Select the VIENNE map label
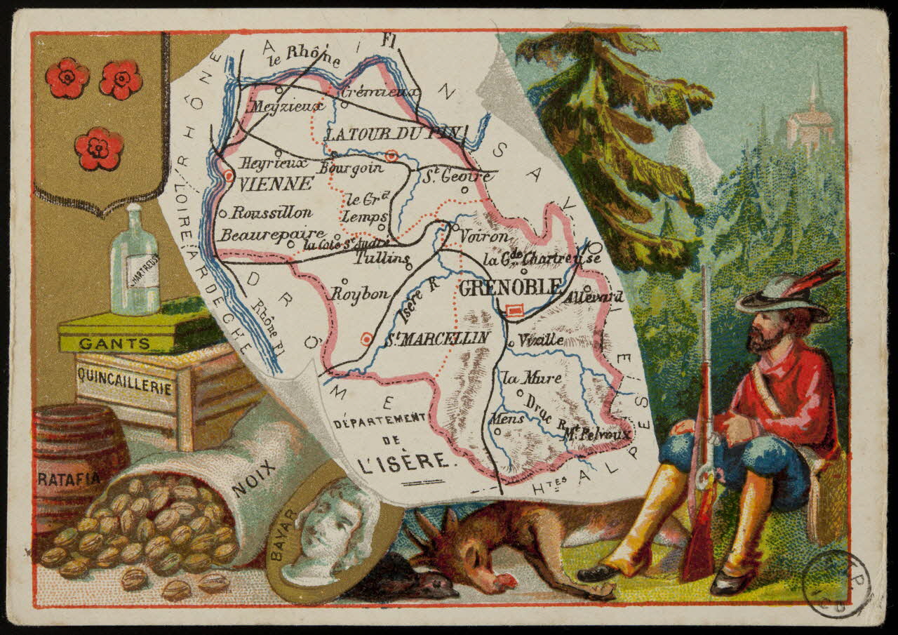point(276,185)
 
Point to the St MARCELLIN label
point(436,338)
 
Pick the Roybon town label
point(358,295)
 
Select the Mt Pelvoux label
point(597,434)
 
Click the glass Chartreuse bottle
point(135,263)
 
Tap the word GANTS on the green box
point(114,344)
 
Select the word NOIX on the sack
point(254,479)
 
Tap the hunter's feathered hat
point(786,291)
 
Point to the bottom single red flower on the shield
point(99,149)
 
